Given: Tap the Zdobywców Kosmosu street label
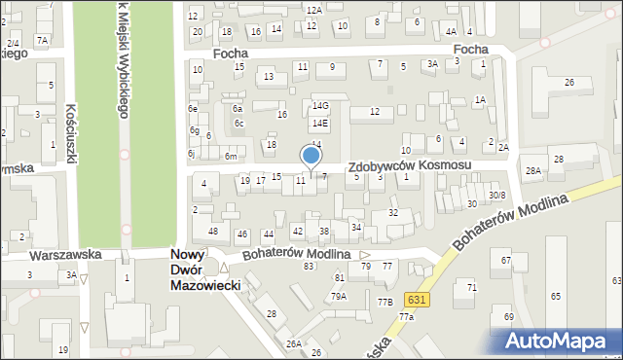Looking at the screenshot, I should tap(409, 166).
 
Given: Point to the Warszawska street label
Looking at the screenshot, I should tap(65, 255).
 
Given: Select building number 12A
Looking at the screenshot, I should tap(313, 10).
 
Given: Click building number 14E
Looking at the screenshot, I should tap(319, 124).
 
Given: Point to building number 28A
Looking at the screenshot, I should tap(533, 170).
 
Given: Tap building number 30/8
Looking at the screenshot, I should tap(497, 196).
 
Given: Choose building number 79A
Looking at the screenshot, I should tap(338, 297).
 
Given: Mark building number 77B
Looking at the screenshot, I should tap(385, 302).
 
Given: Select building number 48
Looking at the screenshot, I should tap(213, 231).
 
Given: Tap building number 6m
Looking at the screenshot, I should tap(231, 157).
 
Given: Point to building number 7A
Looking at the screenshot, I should tap(41, 40).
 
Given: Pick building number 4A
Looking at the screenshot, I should tap(451, 32).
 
